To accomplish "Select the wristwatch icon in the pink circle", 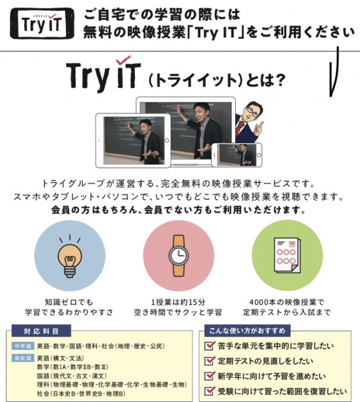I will point(178,255).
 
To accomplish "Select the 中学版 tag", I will point(22,346).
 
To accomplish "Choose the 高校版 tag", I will point(22,358).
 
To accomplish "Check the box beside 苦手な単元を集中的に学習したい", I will point(209,345).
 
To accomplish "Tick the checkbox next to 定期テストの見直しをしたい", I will point(209,360).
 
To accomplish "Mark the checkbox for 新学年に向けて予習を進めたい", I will point(209,375).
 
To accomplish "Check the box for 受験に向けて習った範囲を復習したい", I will point(209,391).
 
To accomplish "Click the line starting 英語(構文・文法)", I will point(60,358).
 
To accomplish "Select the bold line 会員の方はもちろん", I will point(179,210).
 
